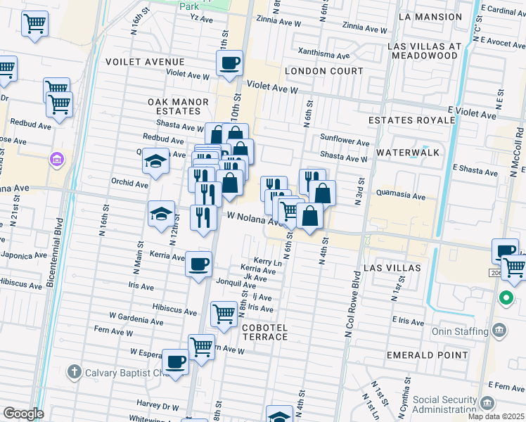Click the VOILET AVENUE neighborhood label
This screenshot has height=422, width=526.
coord(145,61)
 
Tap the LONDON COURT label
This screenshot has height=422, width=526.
coord(324,71)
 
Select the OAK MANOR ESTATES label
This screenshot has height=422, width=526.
coord(178,107)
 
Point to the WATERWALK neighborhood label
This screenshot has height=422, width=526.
coord(408,152)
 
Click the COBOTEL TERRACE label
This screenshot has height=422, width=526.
coord(265,332)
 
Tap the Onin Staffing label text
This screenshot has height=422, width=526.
coord(459,331)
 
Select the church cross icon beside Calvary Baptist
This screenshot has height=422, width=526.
coord(75,371)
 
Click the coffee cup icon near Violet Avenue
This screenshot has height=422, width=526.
coord(229,63)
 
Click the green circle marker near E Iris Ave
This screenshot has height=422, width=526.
coord(505,298)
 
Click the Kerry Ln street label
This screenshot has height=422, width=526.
coord(267,261)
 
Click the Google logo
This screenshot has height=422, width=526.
coord(23,414)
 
